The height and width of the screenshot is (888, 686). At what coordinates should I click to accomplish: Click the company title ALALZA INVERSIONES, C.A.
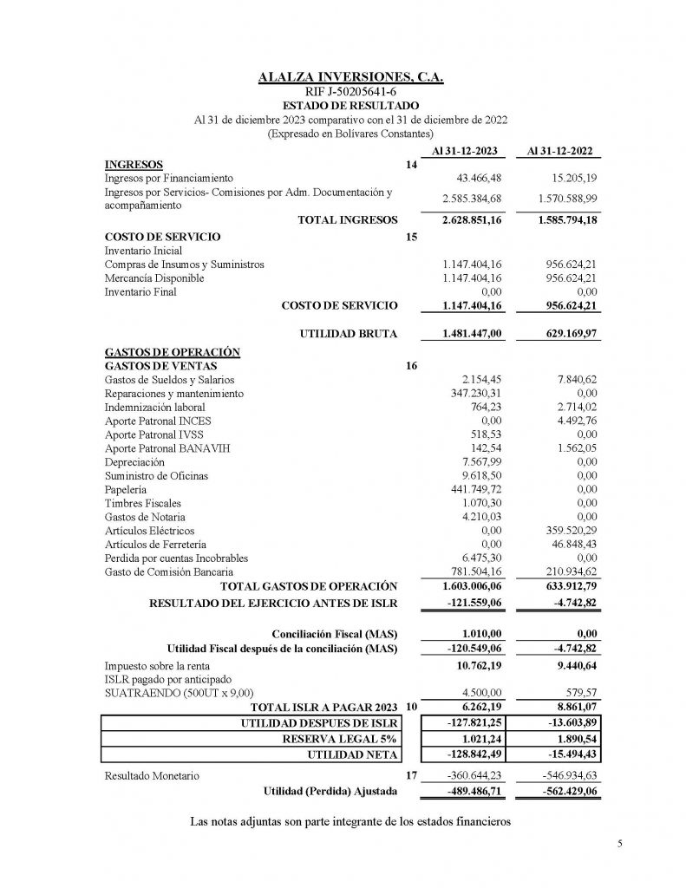point(351,78)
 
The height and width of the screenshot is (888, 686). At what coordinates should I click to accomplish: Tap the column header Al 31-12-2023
point(462,153)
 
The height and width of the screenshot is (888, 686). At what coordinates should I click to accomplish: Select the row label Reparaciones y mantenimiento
point(173,394)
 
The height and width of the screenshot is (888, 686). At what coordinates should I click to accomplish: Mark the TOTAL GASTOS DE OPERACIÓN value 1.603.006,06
point(466,586)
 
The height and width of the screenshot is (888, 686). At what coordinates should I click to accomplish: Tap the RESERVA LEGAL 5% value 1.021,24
point(476,740)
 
